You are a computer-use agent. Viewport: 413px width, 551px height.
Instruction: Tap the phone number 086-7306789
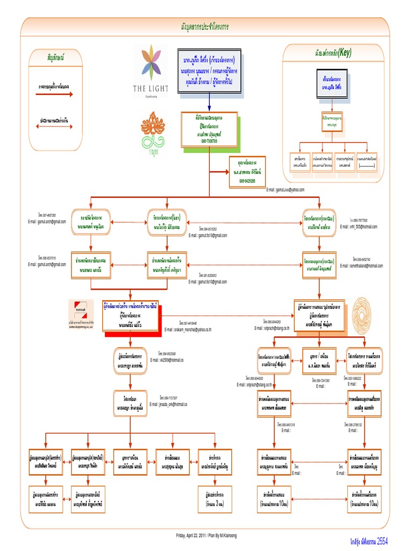(209, 141)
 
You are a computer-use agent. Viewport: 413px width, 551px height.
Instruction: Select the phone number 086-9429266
(247, 181)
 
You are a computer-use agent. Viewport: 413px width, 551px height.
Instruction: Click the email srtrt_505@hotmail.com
(359, 227)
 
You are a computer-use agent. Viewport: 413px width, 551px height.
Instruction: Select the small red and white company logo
(85, 310)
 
